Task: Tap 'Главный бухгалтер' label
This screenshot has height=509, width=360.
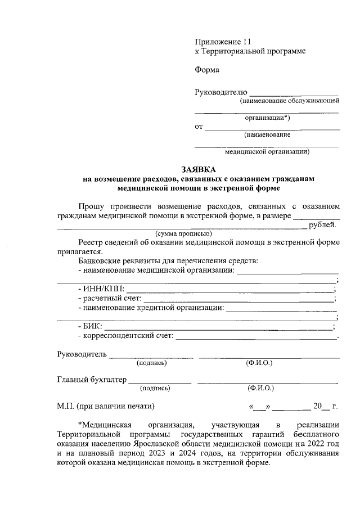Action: pos(91,380)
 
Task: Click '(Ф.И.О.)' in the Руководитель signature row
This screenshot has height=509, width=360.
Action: pos(259,363)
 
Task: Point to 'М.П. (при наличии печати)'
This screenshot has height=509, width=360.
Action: pos(105,406)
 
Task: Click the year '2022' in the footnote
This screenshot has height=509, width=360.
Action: pos(316,444)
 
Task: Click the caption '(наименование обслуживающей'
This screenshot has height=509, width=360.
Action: pos(289,101)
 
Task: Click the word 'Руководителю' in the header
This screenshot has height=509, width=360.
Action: pos(220,92)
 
